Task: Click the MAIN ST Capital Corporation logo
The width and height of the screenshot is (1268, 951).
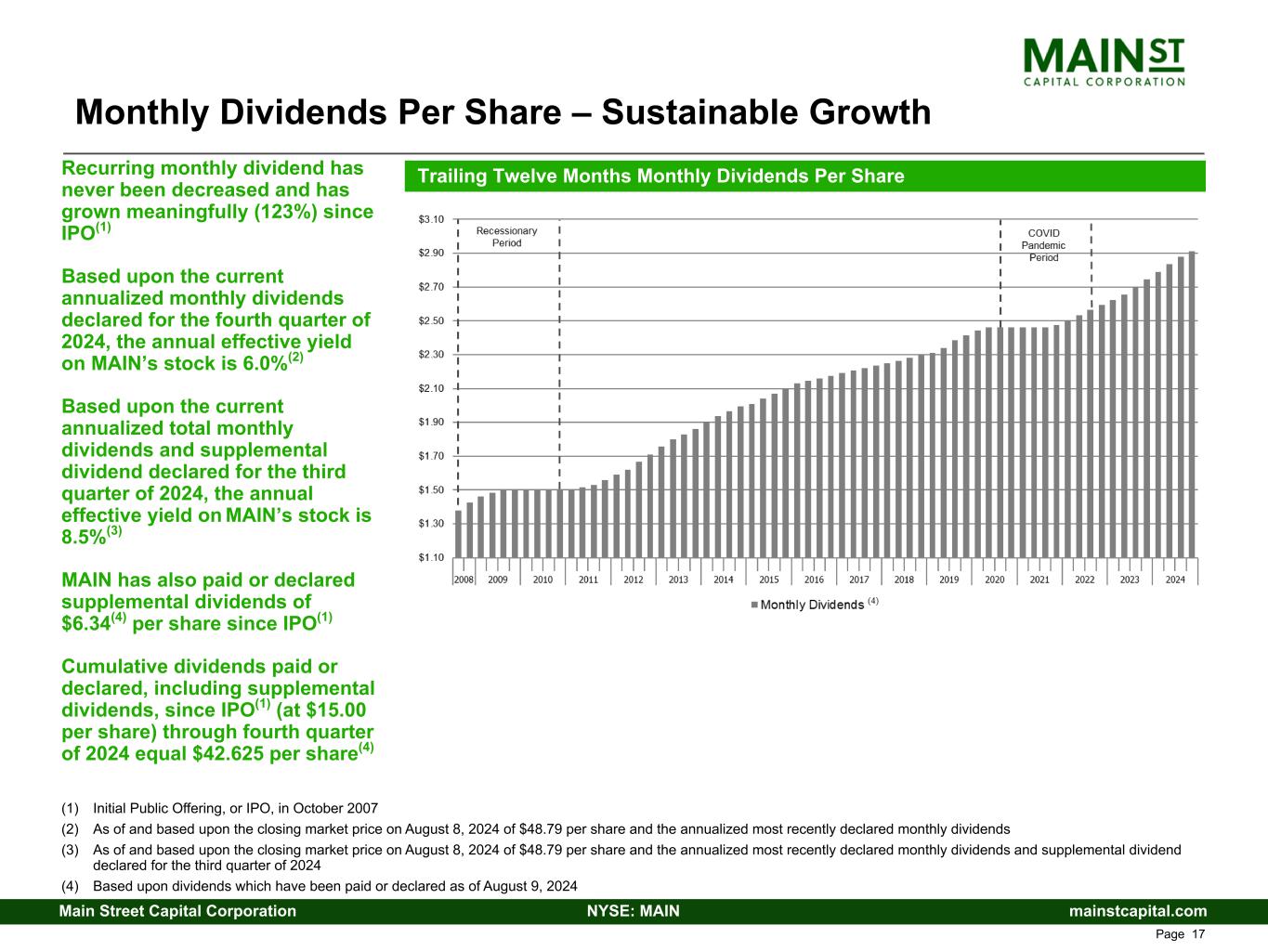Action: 1104,59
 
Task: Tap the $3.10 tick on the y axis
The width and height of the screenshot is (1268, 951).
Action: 432,219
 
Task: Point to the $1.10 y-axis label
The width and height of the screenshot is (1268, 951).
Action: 432,557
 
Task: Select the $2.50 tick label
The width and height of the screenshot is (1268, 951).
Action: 432,320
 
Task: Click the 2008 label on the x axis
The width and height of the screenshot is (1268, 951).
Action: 463,580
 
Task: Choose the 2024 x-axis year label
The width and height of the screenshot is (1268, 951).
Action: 1175,580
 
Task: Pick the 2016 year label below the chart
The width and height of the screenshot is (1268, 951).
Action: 814,580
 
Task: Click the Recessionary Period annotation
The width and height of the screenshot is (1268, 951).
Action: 506,237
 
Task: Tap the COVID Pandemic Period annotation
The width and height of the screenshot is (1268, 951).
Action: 1043,245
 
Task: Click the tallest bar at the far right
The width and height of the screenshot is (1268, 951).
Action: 1192,404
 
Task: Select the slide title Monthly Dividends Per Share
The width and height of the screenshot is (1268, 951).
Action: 503,112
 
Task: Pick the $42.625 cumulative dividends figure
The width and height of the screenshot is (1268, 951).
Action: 233,753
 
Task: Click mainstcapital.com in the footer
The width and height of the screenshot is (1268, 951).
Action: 1138,911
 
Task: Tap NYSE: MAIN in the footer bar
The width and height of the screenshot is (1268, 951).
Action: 634,911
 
